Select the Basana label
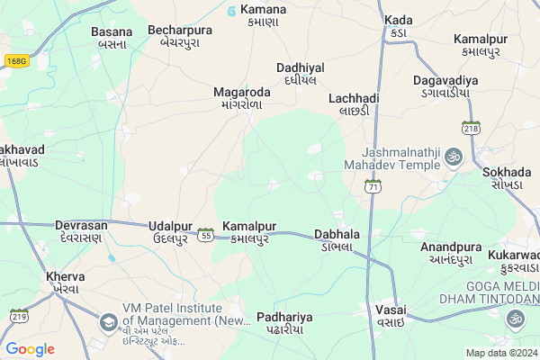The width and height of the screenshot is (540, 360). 112,37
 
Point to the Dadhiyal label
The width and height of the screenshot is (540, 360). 300,74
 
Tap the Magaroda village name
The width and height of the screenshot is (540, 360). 241,98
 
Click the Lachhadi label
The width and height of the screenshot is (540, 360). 354,103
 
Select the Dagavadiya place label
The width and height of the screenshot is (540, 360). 445,86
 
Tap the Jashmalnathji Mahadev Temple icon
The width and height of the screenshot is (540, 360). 454,157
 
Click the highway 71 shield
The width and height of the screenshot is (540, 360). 373,186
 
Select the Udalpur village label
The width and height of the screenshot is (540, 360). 171,231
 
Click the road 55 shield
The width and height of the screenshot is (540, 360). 206,236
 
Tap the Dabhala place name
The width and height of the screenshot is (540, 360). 337,239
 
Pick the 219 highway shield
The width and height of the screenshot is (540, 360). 18,316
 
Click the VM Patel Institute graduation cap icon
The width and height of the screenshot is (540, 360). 108,321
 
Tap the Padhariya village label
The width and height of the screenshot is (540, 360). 283,322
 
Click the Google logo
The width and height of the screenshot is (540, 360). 30,348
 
